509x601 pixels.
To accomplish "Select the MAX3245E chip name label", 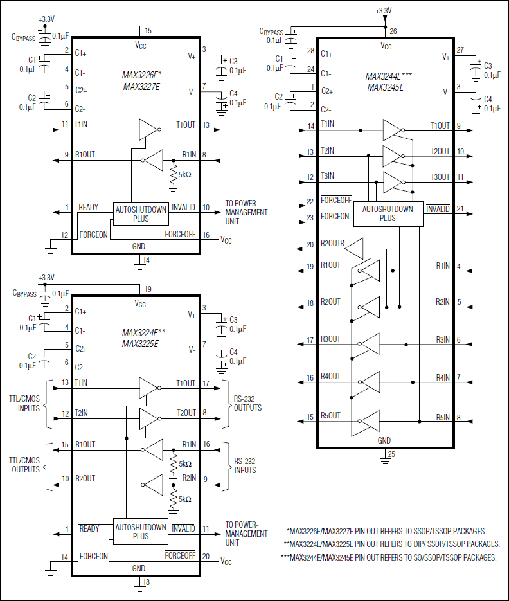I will (386, 86).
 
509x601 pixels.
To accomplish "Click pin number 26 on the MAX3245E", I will (393, 31).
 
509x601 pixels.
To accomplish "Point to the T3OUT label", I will (440, 177).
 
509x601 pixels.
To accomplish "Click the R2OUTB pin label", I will (332, 244).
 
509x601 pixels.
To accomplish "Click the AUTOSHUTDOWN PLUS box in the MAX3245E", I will (388, 213).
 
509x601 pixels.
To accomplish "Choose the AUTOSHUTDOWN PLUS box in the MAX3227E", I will (140, 213).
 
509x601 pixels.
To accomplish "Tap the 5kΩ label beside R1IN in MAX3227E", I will (186, 175).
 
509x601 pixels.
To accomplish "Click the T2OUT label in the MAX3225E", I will (186, 413).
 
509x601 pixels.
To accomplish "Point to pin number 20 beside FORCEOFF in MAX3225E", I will (206, 557).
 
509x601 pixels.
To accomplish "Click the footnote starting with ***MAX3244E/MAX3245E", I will (389, 557).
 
